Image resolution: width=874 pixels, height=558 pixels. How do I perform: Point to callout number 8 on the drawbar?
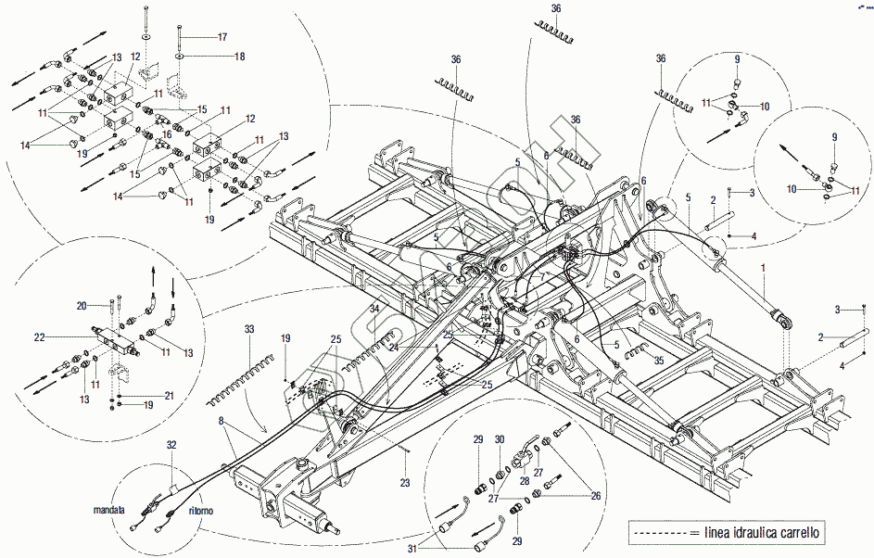222,422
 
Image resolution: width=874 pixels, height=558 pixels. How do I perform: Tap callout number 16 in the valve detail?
167,134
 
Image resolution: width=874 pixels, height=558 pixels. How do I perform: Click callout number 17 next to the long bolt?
222,37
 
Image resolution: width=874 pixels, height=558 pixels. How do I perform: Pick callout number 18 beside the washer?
239,57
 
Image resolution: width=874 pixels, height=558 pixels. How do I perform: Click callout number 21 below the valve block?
170,396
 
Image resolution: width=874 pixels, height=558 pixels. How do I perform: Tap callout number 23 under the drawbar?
404,483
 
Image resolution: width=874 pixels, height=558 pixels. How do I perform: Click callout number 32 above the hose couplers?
171,445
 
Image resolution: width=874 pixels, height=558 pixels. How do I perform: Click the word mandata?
108,510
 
